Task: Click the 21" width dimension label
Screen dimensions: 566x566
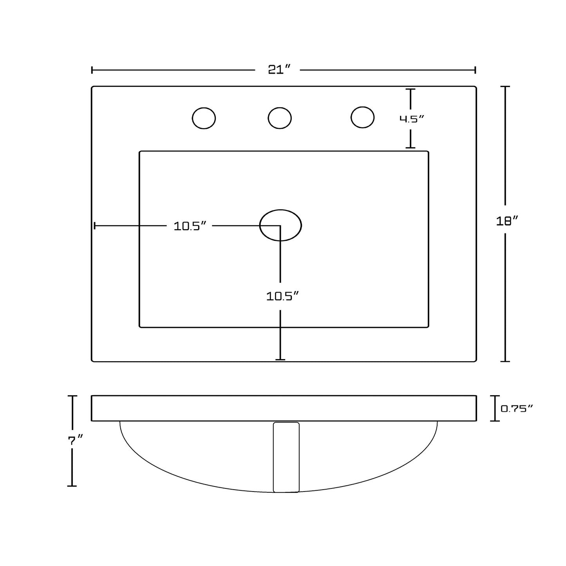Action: click(x=279, y=70)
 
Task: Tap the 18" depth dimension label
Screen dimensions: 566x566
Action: click(x=507, y=221)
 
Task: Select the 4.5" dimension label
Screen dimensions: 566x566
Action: click(x=412, y=119)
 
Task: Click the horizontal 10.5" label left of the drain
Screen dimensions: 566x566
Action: click(x=190, y=226)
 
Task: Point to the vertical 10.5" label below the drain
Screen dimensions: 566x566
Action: click(x=282, y=297)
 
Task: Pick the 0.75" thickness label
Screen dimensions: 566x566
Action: click(x=517, y=409)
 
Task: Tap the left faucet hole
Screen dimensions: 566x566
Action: click(x=204, y=118)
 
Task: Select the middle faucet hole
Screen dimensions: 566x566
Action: click(x=280, y=118)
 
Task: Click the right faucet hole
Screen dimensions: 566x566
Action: click(x=362, y=117)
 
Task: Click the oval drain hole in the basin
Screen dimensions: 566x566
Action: click(x=280, y=225)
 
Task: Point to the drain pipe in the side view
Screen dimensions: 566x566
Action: click(x=286, y=457)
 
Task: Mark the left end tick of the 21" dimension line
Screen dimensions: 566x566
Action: click(x=92, y=70)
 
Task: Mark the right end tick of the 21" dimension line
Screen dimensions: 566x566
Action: click(x=475, y=70)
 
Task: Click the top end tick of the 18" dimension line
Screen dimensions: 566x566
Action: click(x=505, y=86)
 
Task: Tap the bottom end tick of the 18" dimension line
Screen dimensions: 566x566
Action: click(x=505, y=361)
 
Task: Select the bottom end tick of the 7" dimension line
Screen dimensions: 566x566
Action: click(x=72, y=486)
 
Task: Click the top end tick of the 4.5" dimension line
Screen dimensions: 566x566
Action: click(x=410, y=89)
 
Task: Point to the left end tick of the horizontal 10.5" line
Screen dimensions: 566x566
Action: click(x=94, y=226)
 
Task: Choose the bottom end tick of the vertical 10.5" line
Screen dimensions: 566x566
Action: click(x=280, y=360)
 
